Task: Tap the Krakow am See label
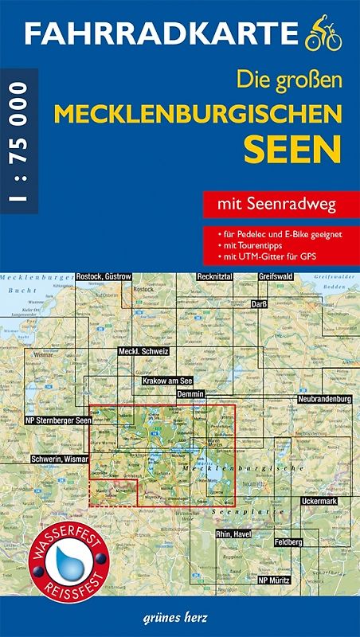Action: (168, 381)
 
